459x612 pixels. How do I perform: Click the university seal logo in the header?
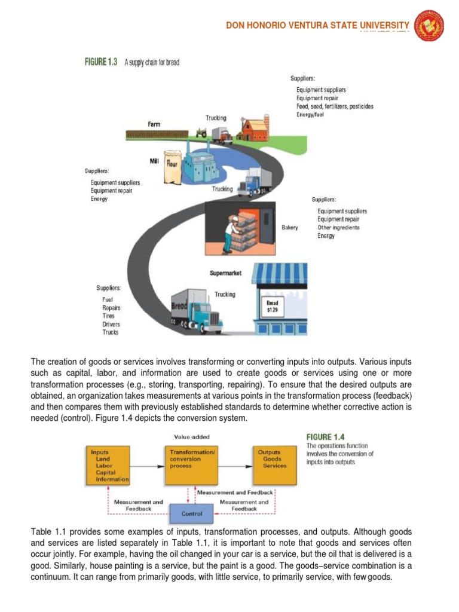(x=429, y=26)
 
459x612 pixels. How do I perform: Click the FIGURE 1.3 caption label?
(x=100, y=62)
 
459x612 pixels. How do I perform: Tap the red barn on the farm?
(x=253, y=127)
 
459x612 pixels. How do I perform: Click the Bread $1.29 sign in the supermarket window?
(x=272, y=307)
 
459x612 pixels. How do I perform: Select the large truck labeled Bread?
(x=197, y=311)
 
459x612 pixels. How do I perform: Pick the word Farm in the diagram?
(x=154, y=124)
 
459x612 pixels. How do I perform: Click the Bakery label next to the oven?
(x=290, y=228)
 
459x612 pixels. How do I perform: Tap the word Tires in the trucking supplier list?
(x=109, y=316)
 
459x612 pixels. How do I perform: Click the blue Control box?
(x=192, y=513)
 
